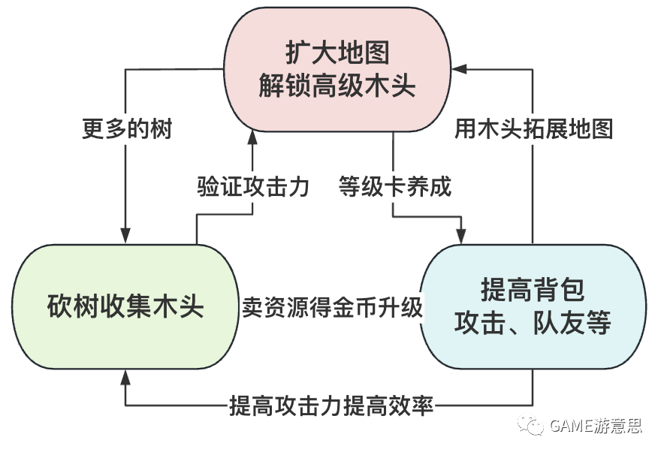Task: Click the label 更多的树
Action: tap(126, 129)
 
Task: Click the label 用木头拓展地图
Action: tap(533, 129)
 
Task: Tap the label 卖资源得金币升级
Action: tap(331, 309)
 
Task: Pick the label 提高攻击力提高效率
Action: tap(331, 407)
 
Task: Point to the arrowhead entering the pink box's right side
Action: tap(459, 70)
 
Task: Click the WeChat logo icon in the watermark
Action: tap(534, 426)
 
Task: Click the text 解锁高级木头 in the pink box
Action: tap(337, 86)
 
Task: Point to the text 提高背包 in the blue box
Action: tap(533, 290)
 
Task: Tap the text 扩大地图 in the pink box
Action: tap(337, 53)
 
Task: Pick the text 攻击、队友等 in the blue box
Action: tap(533, 324)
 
